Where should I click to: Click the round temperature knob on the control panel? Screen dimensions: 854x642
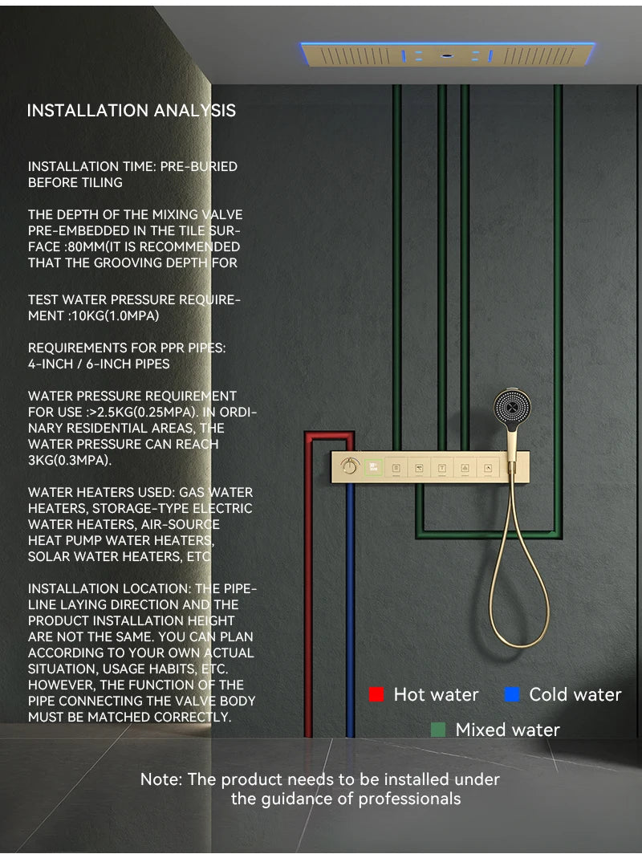(349, 466)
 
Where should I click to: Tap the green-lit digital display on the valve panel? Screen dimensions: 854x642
(373, 466)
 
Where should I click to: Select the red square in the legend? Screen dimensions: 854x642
(376, 694)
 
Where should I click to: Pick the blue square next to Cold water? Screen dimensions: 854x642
(512, 694)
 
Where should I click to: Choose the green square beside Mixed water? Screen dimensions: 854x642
(438, 730)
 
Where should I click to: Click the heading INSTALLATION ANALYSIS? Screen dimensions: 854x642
(132, 111)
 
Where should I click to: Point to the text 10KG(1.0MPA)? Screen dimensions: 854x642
(116, 315)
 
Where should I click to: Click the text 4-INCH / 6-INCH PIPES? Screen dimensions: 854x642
(99, 364)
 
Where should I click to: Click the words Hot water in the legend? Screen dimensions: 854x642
(436, 694)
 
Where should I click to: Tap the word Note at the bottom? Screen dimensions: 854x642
(160, 779)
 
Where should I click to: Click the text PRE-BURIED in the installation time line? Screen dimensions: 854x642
(199, 166)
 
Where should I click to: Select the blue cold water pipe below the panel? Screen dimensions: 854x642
(350, 610)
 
